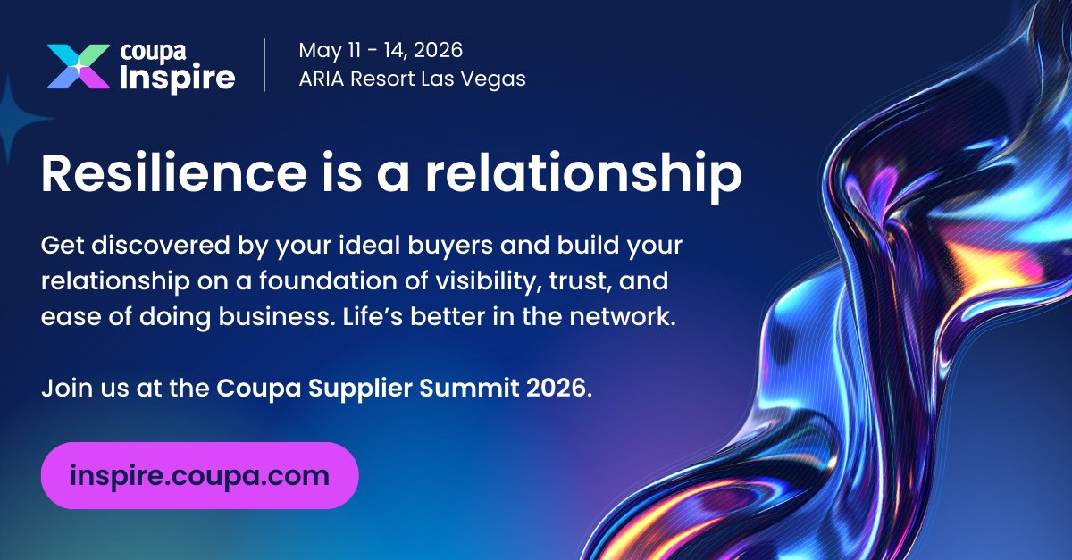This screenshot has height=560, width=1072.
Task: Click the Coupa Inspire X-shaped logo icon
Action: [x=79, y=66]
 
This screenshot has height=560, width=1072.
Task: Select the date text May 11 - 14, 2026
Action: [x=381, y=50]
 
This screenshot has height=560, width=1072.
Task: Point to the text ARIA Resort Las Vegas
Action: [x=412, y=79]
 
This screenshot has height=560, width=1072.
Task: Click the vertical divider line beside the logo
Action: [x=264, y=64]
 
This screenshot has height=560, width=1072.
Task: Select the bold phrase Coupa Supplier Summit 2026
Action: [x=402, y=389]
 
